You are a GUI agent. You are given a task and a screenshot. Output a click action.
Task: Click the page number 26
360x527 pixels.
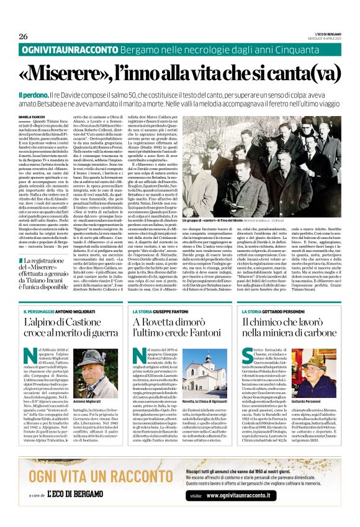point(23,36)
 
